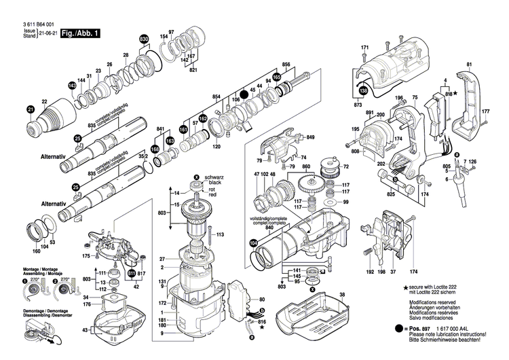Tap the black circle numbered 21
point(30,109)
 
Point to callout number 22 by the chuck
point(44,102)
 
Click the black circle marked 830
point(144,40)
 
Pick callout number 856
point(286,65)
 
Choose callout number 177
point(485,111)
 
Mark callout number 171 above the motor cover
point(364,47)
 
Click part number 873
point(358,107)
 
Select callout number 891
point(370,113)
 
